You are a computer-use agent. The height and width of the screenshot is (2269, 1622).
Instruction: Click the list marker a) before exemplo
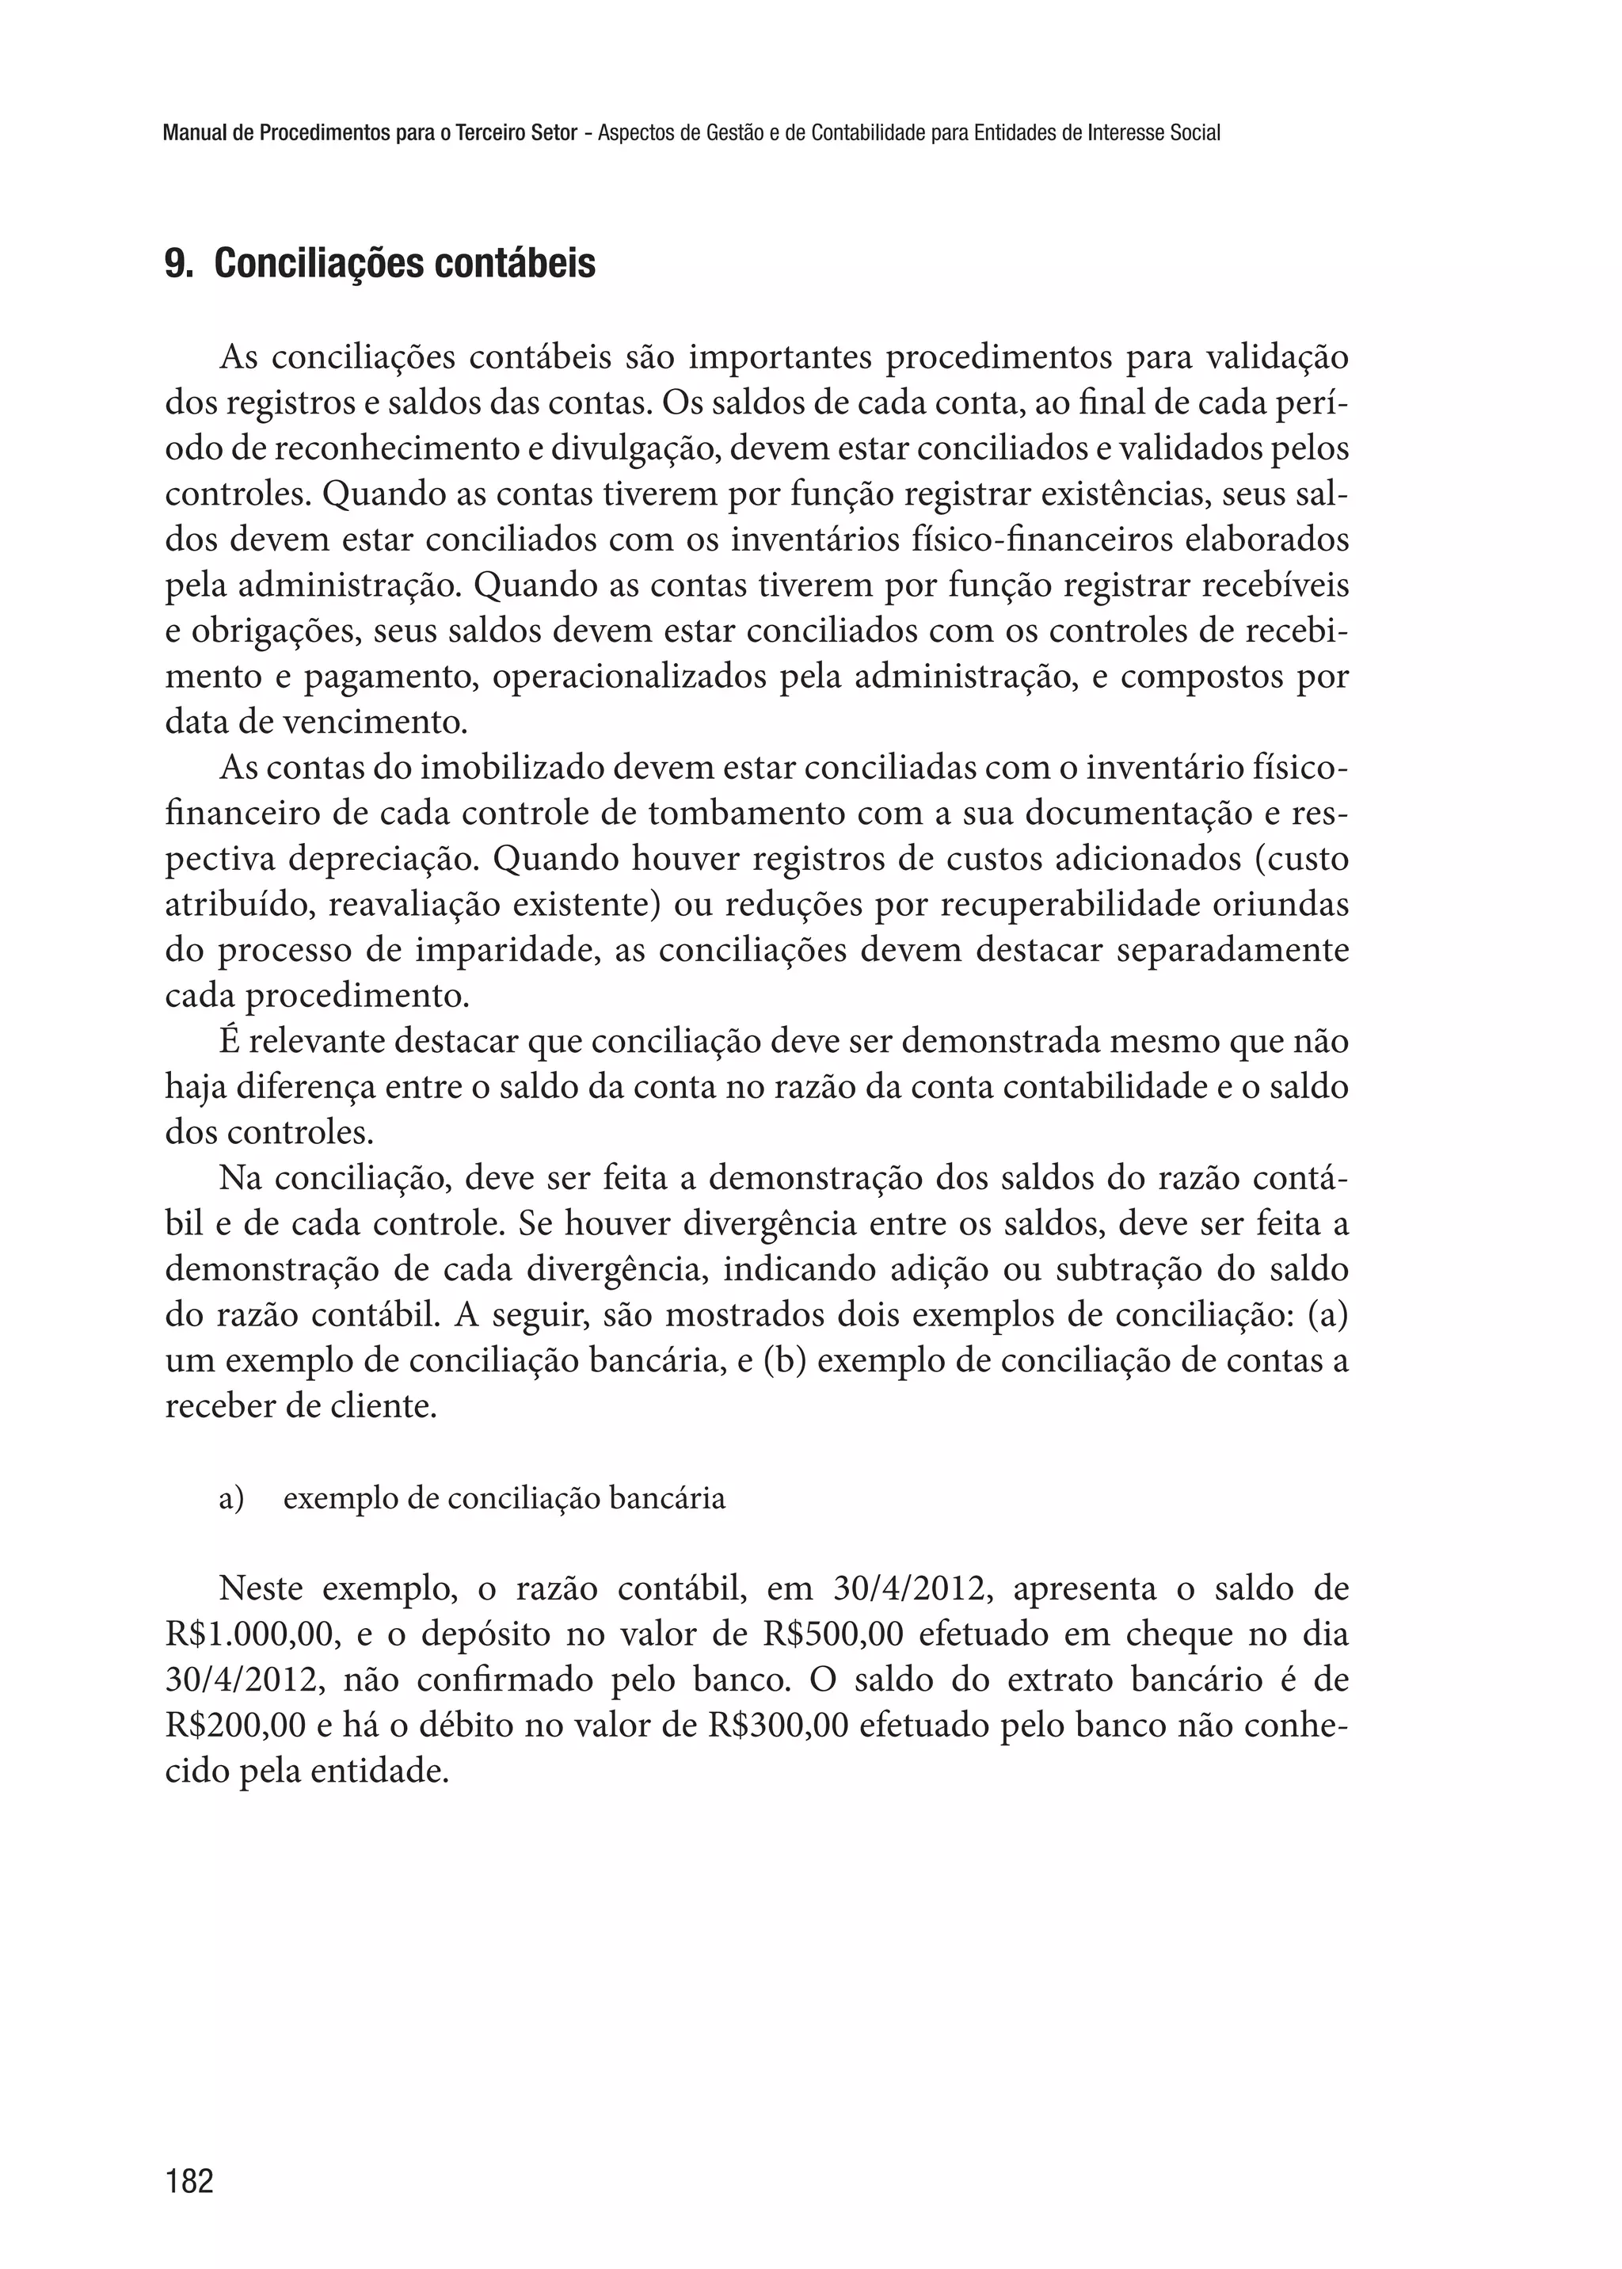230,1500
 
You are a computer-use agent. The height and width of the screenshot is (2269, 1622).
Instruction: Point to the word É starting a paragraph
229,1042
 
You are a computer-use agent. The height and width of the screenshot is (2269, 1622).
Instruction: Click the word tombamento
746,814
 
